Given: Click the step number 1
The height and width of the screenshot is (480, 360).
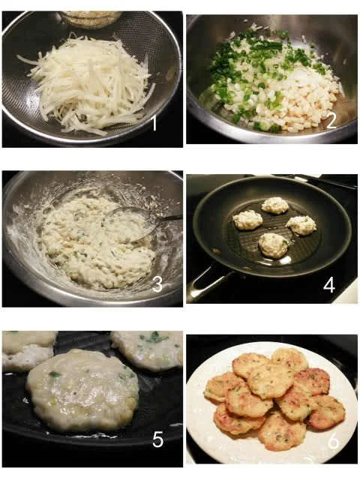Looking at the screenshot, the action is click(154, 123).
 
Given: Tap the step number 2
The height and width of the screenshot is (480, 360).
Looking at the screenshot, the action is click(331, 121).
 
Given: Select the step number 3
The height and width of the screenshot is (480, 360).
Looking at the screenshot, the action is click(157, 284).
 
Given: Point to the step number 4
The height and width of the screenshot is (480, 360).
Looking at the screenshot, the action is click(329, 285).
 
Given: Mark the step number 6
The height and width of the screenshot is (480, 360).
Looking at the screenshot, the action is click(333, 442).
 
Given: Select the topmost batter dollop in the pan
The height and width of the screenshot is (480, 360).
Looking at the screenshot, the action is click(275, 205).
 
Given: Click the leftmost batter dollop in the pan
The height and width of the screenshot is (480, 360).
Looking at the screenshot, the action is click(248, 220).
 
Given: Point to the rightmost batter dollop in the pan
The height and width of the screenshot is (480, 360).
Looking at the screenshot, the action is click(301, 225).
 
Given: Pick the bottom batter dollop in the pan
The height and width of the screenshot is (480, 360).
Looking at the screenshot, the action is click(273, 244).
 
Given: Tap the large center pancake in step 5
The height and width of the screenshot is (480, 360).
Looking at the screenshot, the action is click(82, 391).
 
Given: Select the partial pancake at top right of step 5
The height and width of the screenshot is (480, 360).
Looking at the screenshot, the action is click(147, 350).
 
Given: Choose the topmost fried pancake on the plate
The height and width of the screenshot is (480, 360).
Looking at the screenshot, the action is click(289, 359).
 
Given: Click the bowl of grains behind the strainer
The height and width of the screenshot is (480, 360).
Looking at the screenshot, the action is click(91, 18).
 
